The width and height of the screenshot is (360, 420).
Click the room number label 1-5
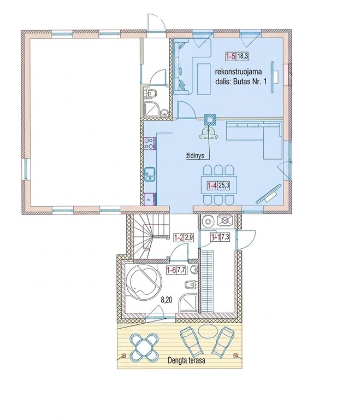(231, 56)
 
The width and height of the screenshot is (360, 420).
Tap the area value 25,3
(224, 185)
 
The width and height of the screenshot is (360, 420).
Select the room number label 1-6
(171, 270)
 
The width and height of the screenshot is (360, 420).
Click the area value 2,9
(188, 237)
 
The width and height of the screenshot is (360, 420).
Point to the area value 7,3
(226, 237)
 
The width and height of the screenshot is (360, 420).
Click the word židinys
(195, 156)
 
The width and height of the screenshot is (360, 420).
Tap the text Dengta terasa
(187, 360)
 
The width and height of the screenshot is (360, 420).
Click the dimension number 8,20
(166, 300)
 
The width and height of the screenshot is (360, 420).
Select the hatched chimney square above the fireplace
(210, 119)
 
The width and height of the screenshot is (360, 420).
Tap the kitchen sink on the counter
(150, 174)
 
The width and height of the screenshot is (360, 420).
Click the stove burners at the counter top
(150, 143)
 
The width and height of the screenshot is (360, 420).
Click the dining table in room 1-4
(219, 185)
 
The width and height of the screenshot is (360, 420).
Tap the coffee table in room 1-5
(204, 79)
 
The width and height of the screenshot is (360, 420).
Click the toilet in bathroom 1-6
(191, 284)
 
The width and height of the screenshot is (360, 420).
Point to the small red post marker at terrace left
(123, 355)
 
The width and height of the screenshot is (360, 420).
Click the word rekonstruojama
(238, 72)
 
